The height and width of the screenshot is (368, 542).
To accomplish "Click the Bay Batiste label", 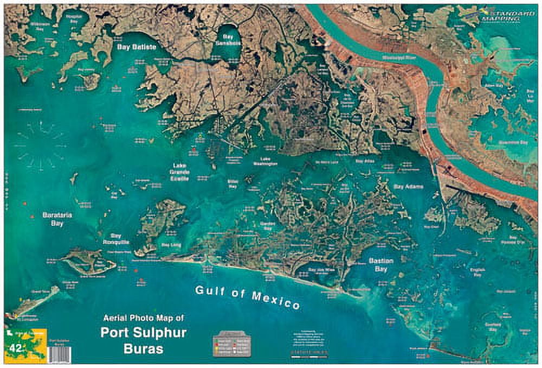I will [x=137, y=47].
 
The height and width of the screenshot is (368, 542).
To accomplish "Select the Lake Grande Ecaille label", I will [x=180, y=172].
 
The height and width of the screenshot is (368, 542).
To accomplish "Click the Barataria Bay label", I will [x=57, y=219].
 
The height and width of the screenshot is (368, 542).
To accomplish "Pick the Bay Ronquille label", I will [x=115, y=239].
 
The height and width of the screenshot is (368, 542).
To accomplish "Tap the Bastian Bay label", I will [x=381, y=264].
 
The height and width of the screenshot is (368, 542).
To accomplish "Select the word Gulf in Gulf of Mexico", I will [x=211, y=291].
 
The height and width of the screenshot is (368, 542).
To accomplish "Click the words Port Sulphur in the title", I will [x=143, y=333].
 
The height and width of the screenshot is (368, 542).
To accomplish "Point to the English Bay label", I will [x=478, y=272].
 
